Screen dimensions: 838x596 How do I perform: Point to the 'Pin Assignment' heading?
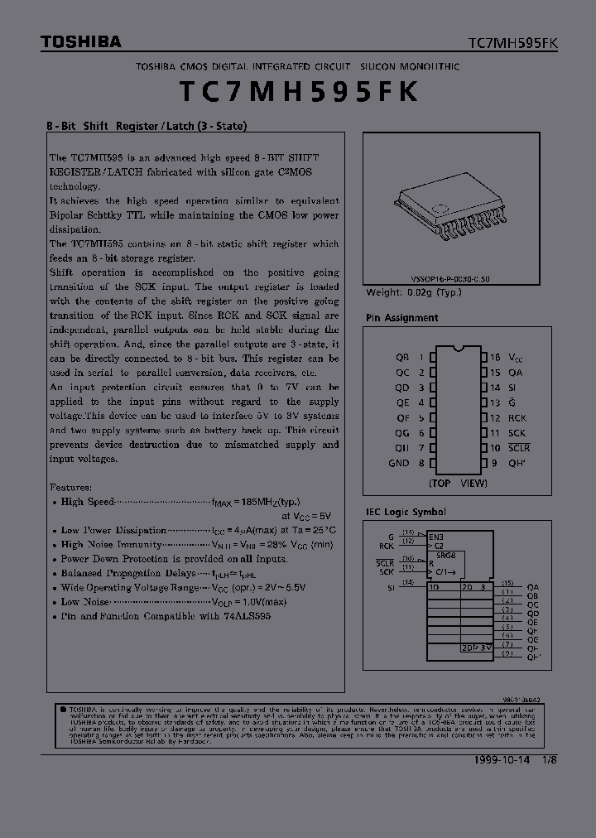pyautogui.click(x=402, y=318)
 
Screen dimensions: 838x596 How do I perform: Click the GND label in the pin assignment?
pyautogui.click(x=399, y=464)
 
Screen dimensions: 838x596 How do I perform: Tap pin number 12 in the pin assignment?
pyautogui.click(x=495, y=418)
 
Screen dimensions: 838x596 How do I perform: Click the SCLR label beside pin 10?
pyautogui.click(x=519, y=448)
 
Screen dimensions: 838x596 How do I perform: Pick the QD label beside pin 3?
pyautogui.click(x=402, y=388)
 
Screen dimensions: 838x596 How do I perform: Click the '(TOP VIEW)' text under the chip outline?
pyautogui.click(x=458, y=483)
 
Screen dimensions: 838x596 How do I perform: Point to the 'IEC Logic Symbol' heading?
pyautogui.click(x=406, y=513)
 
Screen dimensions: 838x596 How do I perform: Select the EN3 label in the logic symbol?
pyautogui.click(x=435, y=537)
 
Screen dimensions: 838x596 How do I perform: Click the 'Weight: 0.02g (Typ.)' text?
pyautogui.click(x=413, y=292)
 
